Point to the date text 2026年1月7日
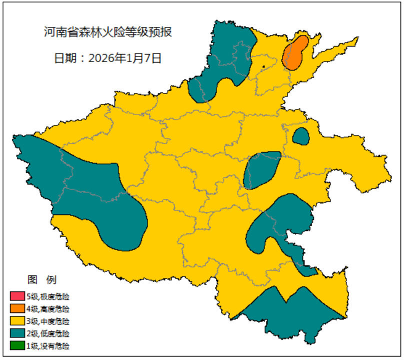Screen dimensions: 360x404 tap(125, 57)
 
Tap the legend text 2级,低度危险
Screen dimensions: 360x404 tap(48, 333)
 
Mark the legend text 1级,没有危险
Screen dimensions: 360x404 tap(48, 345)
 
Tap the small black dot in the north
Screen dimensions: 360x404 tap(263, 66)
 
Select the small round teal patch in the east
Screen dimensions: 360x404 tap(300, 136)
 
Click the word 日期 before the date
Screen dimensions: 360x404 tap(64, 57)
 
